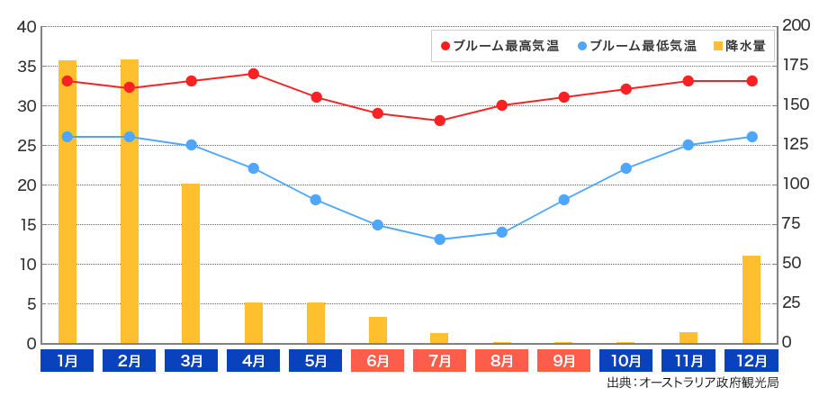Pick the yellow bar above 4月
(x=254, y=322)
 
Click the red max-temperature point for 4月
(x=254, y=74)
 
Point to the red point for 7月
(x=440, y=121)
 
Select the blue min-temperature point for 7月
(x=440, y=239)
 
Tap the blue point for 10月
(x=626, y=168)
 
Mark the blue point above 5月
(x=316, y=200)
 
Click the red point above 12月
(x=751, y=81)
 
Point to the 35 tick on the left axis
(x=26, y=67)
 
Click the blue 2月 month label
(x=130, y=361)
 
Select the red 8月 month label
(x=502, y=361)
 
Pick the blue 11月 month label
(x=689, y=361)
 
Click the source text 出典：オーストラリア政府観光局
(x=692, y=383)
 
